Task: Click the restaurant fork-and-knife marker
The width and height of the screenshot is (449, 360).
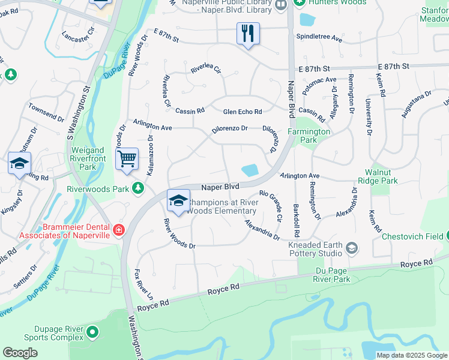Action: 248,34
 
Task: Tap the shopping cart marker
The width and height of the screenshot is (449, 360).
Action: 127,160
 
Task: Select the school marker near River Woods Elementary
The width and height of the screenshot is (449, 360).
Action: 178,201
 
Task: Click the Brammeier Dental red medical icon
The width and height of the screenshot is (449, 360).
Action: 119,230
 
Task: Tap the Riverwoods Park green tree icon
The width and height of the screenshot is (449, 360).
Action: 139,188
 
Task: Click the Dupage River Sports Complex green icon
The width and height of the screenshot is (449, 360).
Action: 92,331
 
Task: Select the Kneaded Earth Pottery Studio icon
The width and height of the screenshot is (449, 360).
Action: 352,248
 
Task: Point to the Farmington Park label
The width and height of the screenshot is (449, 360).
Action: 309,136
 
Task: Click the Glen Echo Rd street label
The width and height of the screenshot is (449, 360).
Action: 243,112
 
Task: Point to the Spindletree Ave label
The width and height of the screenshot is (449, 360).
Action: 319,38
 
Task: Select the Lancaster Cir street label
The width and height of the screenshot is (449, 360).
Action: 78,37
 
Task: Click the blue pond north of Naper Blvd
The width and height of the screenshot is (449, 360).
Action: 249,170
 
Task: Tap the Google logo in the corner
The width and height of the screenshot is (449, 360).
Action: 20,352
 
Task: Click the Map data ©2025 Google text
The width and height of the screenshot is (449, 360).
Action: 412,355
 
